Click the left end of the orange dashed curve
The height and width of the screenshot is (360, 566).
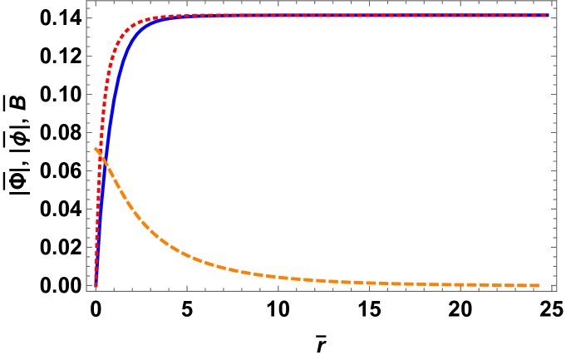[x=96, y=149]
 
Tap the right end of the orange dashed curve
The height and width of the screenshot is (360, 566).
[x=539, y=285]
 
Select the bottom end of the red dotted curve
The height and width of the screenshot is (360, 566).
[x=96, y=287]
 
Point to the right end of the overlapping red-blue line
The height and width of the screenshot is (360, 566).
[x=549, y=15]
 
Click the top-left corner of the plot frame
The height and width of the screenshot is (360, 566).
[x=86, y=1]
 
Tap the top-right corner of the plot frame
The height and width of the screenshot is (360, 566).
[x=557, y=1]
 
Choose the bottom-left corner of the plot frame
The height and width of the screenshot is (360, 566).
[x=86, y=290]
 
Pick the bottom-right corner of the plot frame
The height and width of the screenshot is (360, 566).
[x=557, y=290]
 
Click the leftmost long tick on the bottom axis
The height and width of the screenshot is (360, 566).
[x=96, y=288]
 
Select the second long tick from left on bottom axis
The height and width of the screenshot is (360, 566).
[x=186, y=288]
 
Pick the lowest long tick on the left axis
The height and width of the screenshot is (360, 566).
[x=89, y=287]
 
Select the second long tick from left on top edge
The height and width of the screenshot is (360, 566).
[x=186, y=3]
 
